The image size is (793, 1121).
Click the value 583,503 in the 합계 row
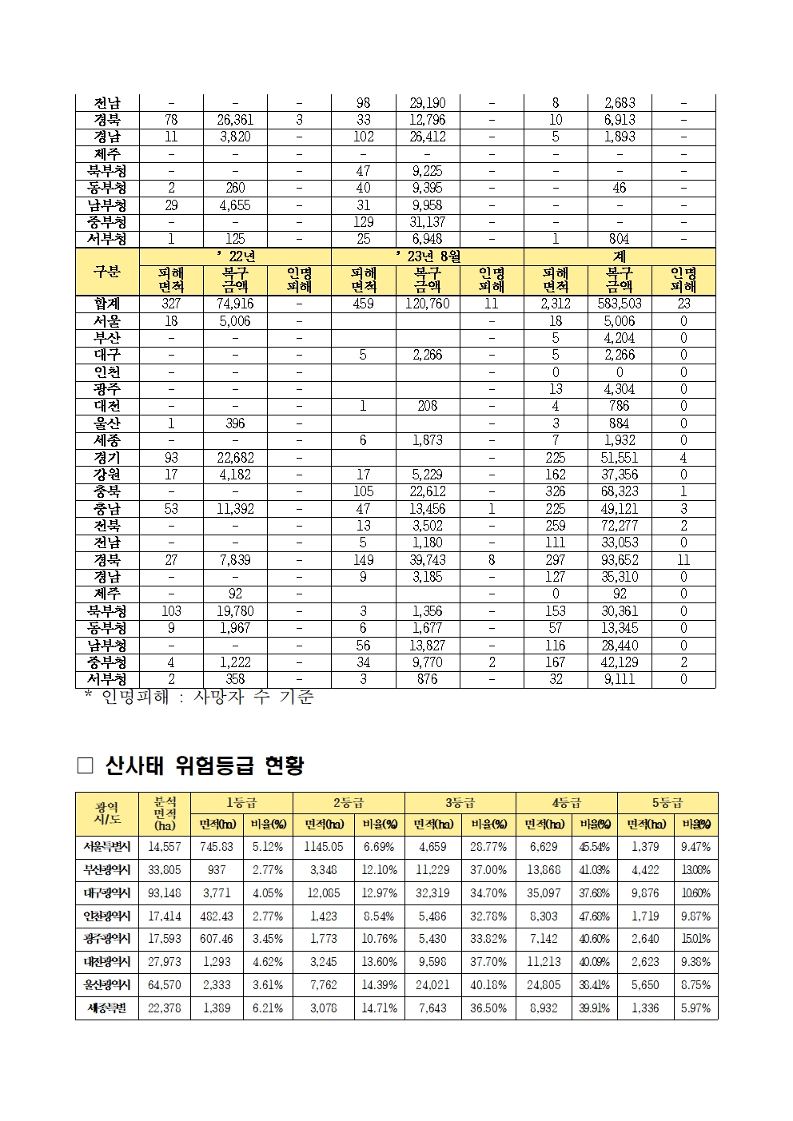pos(620,304)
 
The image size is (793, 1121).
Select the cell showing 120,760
pos(428,304)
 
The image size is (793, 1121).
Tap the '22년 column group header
pos(235,256)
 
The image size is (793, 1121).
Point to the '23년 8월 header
pos(428,256)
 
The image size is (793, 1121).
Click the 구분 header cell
pos(107,272)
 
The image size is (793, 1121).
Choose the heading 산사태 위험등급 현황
pos(204,766)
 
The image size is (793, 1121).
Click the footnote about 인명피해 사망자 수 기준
pos(200,698)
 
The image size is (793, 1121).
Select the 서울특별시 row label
pos(107,847)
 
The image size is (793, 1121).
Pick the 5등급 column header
pos(667,803)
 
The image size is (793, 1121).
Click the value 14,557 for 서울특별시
pos(165,847)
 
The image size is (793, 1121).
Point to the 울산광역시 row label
pos(107,985)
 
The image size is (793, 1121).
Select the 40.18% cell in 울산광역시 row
pos(488,985)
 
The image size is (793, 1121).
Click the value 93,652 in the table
pos(620,560)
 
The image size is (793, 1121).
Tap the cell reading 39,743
pos(428,560)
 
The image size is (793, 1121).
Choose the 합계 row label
pos(107,304)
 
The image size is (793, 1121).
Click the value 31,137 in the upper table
pos(428,222)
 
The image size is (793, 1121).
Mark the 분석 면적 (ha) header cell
pos(165,813)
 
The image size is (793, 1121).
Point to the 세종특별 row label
pos(107,1008)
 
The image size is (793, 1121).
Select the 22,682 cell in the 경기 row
pos(235,458)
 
